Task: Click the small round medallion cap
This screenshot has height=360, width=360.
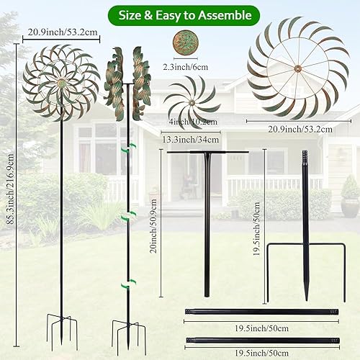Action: (190, 41)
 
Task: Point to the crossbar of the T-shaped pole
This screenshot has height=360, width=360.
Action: (207, 152)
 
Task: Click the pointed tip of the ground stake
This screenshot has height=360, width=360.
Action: (306, 295)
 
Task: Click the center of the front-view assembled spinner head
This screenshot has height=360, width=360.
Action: (60, 82)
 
